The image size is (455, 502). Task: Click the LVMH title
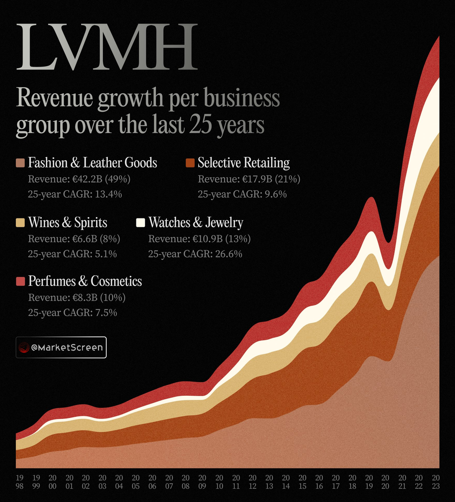pos(106,47)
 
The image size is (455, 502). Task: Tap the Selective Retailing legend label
pos(243,163)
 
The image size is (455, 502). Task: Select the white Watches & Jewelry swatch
pos(141,223)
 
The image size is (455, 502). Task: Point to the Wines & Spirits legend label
pos(68,223)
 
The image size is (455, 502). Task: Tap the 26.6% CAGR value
pos(228,254)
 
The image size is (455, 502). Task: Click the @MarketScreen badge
pos(61,347)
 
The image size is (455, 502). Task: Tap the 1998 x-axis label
pos(20,482)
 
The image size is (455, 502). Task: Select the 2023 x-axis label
pos(435,482)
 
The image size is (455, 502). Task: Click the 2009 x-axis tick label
pos(202,482)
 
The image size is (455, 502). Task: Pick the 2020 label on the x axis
pos(385,482)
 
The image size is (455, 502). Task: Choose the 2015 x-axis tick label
pos(302,482)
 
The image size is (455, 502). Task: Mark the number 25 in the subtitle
pos(199,125)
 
